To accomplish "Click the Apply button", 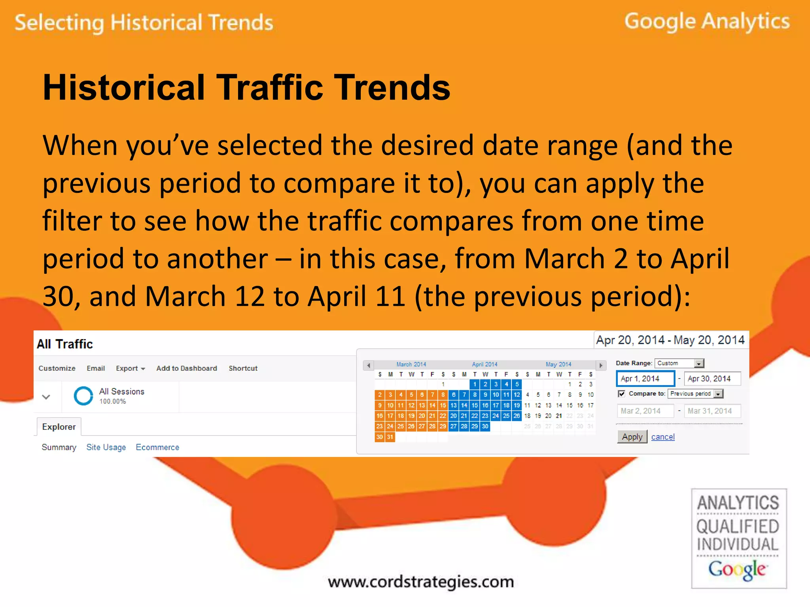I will pyautogui.click(x=632, y=437).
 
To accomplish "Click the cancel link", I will pyautogui.click(x=663, y=437).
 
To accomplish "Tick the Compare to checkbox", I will pyautogui.click(x=621, y=394).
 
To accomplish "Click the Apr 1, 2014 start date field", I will pyautogui.click(x=645, y=379).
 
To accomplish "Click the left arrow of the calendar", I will pyautogui.click(x=369, y=365).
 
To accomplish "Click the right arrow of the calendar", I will pyautogui.click(x=601, y=365).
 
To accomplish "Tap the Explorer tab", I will pyautogui.click(x=59, y=427).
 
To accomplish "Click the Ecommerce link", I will pyautogui.click(x=157, y=447).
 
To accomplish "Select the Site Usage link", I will pyautogui.click(x=106, y=447).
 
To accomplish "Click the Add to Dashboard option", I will pyautogui.click(x=187, y=368).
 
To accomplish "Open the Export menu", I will pyautogui.click(x=130, y=368).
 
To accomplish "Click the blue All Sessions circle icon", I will pyautogui.click(x=83, y=396).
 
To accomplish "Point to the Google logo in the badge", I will pyautogui.click(x=737, y=569).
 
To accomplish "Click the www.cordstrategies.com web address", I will pyautogui.click(x=421, y=582).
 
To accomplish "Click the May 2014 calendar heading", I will pyautogui.click(x=558, y=364).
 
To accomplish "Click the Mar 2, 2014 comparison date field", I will pyautogui.click(x=645, y=411).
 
